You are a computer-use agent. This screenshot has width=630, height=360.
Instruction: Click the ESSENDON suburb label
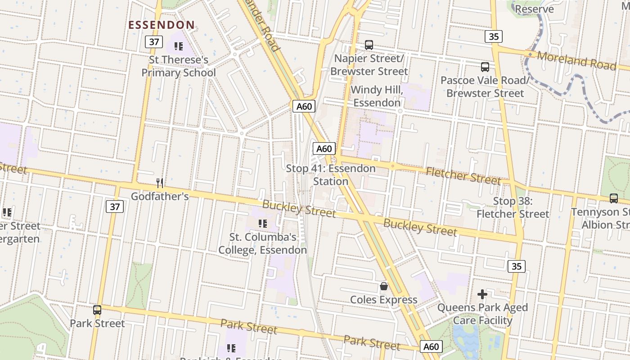click(162, 25)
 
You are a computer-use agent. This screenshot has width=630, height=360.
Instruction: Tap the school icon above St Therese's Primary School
click(178, 46)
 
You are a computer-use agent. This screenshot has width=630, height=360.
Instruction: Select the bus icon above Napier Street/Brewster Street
click(369, 45)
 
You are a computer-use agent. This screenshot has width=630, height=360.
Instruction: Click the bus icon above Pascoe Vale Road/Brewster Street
click(485, 67)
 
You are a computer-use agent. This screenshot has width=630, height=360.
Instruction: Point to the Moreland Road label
click(576, 60)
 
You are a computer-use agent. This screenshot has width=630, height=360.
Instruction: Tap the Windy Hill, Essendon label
click(377, 96)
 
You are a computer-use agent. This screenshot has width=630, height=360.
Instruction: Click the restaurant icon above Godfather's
click(159, 183)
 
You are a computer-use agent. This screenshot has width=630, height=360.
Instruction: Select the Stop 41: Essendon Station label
click(331, 175)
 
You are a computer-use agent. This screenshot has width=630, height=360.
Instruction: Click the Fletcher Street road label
click(463, 175)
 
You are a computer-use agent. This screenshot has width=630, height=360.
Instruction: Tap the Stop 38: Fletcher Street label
click(513, 207)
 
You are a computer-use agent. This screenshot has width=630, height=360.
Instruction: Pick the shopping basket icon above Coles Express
click(384, 286)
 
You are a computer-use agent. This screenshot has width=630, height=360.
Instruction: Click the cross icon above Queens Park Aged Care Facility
click(482, 295)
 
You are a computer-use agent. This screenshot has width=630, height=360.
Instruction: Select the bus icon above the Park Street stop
click(97, 310)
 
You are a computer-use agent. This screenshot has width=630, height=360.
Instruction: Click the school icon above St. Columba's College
click(263, 223)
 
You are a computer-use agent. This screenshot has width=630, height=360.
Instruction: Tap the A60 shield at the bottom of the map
click(431, 346)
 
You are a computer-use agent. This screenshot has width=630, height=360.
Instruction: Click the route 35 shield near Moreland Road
click(494, 36)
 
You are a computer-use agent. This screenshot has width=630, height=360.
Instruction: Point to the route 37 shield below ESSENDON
click(154, 42)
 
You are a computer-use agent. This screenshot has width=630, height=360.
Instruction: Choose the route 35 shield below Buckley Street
click(516, 266)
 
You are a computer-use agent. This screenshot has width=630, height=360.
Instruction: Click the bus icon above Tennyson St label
click(613, 198)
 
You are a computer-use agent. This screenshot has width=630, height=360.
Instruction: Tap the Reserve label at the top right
click(534, 9)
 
